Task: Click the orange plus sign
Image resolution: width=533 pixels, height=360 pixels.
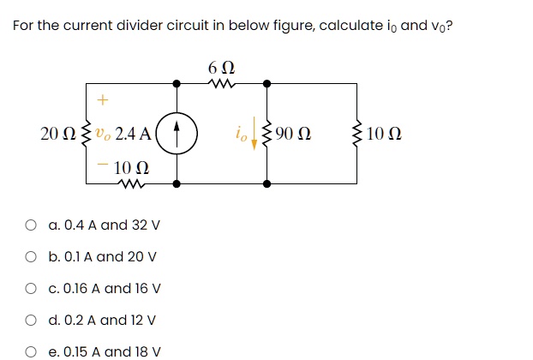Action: point(103,100)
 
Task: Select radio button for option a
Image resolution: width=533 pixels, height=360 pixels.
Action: point(30,225)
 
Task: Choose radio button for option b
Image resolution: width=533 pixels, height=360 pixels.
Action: point(30,257)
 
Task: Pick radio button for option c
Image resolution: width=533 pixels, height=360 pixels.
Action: point(30,289)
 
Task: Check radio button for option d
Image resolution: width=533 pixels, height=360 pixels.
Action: point(30,321)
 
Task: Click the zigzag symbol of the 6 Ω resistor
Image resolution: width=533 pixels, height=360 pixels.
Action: point(221,84)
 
